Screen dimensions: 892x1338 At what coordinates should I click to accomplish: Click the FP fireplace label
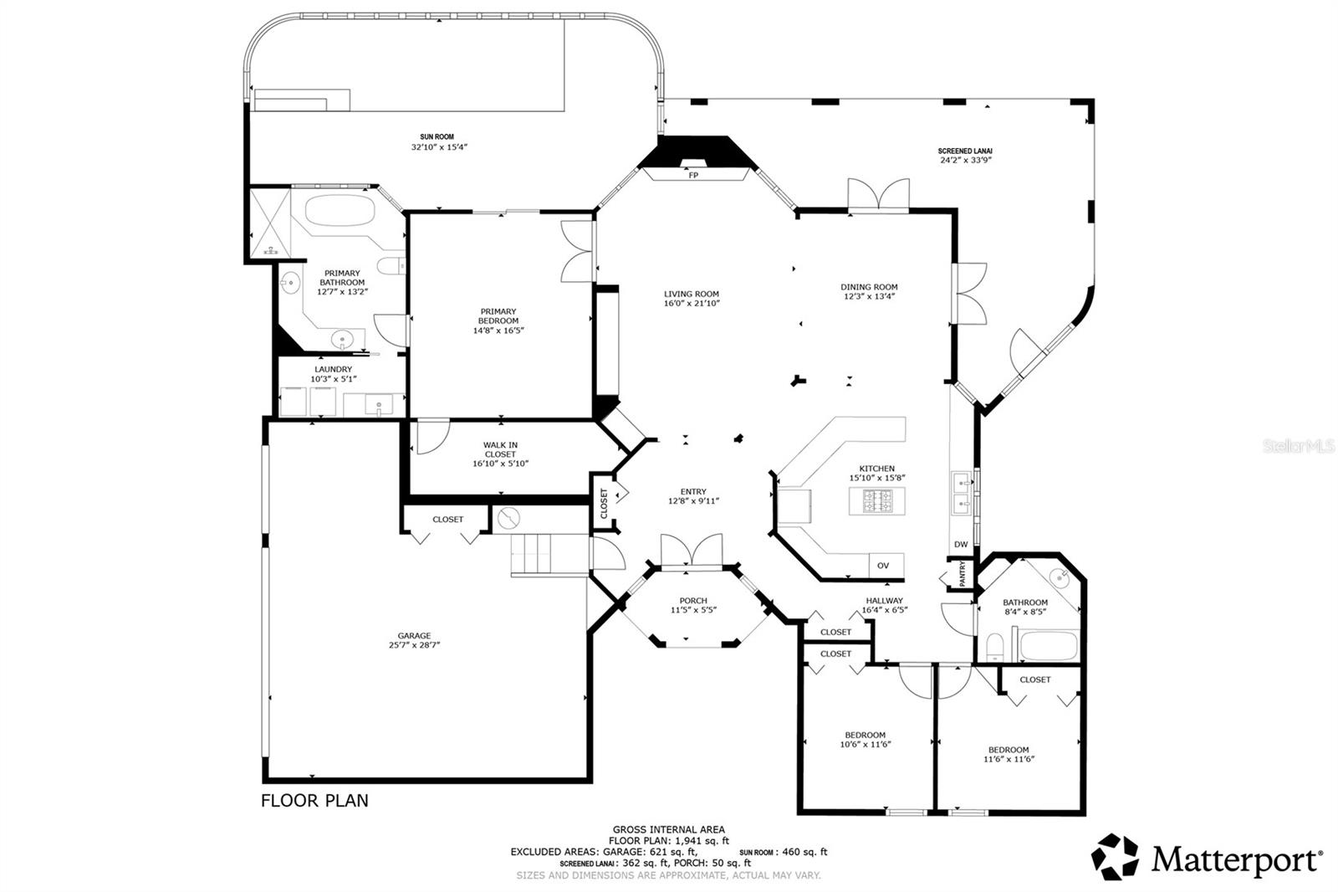pyautogui.click(x=692, y=176)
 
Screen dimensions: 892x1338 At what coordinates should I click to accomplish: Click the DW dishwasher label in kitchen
pyautogui.click(x=961, y=545)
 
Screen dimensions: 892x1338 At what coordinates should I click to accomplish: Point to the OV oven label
pyautogui.click(x=883, y=566)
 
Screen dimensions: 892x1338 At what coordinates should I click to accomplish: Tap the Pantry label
pyautogui.click(x=962, y=574)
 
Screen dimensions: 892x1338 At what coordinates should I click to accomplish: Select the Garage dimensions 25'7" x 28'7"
pyautogui.click(x=414, y=645)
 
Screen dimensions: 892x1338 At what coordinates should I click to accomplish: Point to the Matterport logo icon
pyautogui.click(x=1115, y=856)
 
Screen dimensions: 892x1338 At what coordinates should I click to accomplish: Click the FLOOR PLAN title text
pyautogui.click(x=314, y=800)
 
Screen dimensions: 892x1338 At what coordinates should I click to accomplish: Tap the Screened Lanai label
pyautogui.click(x=964, y=151)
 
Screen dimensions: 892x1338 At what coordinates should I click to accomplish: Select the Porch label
pyautogui.click(x=692, y=600)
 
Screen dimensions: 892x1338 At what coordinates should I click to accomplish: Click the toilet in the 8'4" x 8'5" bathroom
pyautogui.click(x=995, y=648)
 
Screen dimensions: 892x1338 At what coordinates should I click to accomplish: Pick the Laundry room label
pyautogui.click(x=333, y=369)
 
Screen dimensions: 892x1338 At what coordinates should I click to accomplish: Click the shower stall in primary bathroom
pyautogui.click(x=270, y=222)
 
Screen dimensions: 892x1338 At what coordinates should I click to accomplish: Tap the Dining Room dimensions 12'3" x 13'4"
pyautogui.click(x=869, y=296)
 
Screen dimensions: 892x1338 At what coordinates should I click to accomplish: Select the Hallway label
pyautogui.click(x=884, y=600)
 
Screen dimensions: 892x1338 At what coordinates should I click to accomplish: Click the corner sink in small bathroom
pyautogui.click(x=1060, y=577)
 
